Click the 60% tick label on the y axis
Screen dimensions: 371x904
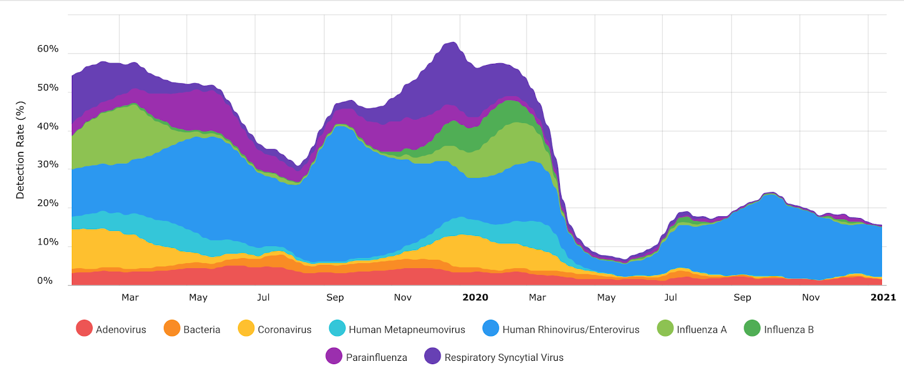click(x=47, y=49)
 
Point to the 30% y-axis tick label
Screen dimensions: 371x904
click(x=47, y=164)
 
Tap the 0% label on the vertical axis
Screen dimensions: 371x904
click(x=45, y=281)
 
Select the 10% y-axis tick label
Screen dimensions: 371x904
click(x=47, y=242)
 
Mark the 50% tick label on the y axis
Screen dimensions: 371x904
click(x=47, y=88)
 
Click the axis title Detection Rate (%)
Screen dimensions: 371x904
click(x=20, y=150)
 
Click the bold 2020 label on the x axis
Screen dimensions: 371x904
click(x=475, y=298)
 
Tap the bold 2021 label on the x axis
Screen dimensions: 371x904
click(x=883, y=298)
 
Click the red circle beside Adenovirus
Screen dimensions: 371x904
click(x=84, y=328)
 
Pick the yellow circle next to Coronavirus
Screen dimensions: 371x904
click(x=246, y=328)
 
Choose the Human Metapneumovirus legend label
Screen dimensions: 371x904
click(x=407, y=330)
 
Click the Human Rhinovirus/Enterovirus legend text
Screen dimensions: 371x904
click(x=571, y=330)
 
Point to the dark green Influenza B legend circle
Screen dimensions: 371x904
click(x=752, y=328)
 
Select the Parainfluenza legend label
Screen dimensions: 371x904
click(x=376, y=357)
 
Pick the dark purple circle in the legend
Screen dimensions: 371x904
click(x=432, y=356)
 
